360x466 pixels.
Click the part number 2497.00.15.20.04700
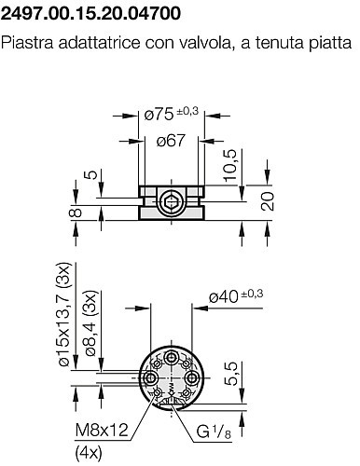90,13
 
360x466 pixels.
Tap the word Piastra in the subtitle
27,42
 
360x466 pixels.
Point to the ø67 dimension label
171,141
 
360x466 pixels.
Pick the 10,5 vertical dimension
230,165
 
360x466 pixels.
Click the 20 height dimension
268,201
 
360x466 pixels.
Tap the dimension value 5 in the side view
91,174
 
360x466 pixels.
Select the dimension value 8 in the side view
76,212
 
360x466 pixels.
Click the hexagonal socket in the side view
171,202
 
